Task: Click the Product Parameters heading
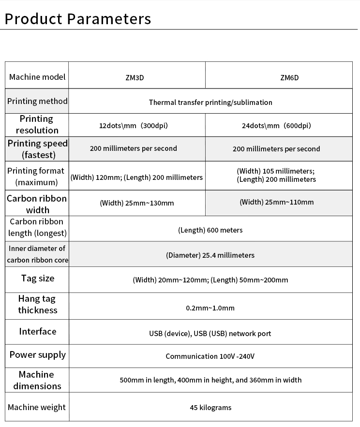coord(77,19)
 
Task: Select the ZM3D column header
coord(135,77)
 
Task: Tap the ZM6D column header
coord(289,77)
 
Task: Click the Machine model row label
coord(37,77)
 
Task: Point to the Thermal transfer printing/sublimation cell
coord(210,102)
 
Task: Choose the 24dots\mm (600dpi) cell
coord(276,126)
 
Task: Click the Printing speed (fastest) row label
coord(37,149)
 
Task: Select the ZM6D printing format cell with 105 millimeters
coord(276,175)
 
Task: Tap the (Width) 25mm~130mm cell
coord(136,203)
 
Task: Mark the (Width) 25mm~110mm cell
coord(276,202)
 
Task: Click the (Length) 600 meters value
coord(210,230)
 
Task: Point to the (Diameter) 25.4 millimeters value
coord(210,255)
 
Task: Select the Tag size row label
coord(38,278)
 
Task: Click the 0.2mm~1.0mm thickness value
coord(210,308)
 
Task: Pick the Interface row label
coord(38,331)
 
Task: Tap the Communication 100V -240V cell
coord(210,356)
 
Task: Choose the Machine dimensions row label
coord(37,380)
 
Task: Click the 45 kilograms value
coord(210,408)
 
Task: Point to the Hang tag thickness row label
coord(38,305)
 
